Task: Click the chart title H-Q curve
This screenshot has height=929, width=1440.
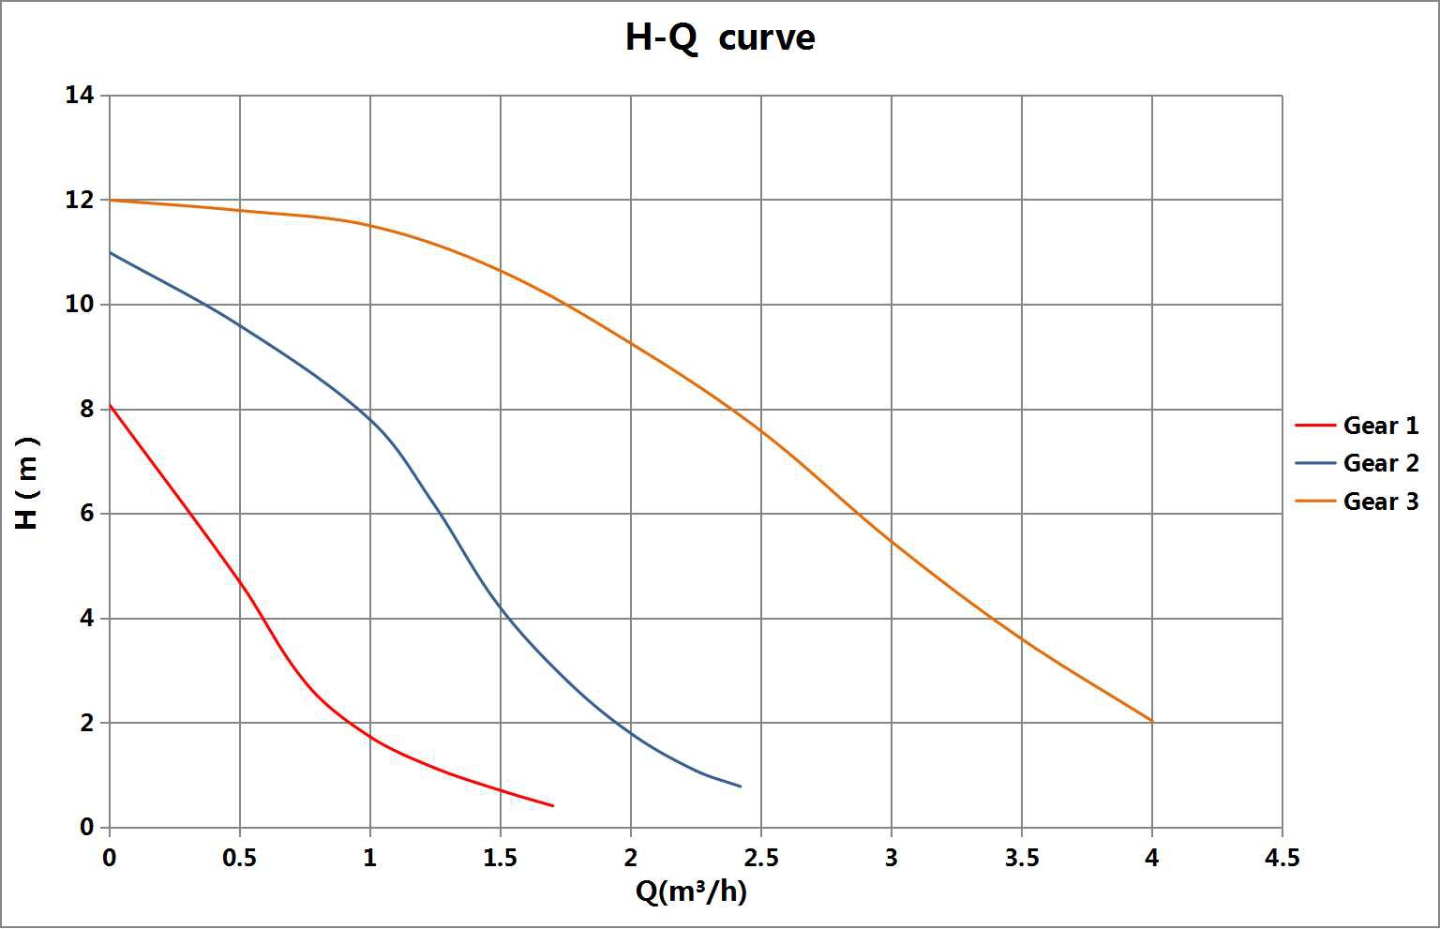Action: [x=720, y=38]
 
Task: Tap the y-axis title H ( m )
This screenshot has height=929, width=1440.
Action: [x=28, y=483]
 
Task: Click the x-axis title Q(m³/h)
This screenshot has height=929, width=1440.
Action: [x=691, y=892]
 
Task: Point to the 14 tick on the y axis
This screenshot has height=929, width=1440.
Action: [x=80, y=95]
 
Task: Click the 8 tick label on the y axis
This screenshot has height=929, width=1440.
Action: [x=87, y=409]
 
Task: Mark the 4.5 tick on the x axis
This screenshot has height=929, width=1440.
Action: [x=1282, y=858]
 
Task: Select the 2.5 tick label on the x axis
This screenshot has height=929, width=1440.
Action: [x=760, y=858]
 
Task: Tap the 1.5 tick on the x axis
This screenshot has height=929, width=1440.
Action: [x=500, y=858]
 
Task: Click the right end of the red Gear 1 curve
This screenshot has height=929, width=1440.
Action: [x=553, y=805]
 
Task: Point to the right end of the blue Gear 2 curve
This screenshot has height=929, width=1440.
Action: [x=741, y=787]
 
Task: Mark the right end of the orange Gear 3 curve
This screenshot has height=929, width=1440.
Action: [x=1151, y=722]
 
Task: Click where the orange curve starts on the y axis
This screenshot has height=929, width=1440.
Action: [x=111, y=200]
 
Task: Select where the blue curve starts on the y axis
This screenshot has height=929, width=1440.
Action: [x=111, y=252]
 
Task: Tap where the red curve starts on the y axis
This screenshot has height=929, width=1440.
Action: [x=111, y=405]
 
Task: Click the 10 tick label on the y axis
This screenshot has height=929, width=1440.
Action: [x=80, y=305]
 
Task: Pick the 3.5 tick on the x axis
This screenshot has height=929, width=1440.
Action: [x=1021, y=858]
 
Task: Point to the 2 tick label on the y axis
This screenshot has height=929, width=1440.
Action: [x=87, y=723]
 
